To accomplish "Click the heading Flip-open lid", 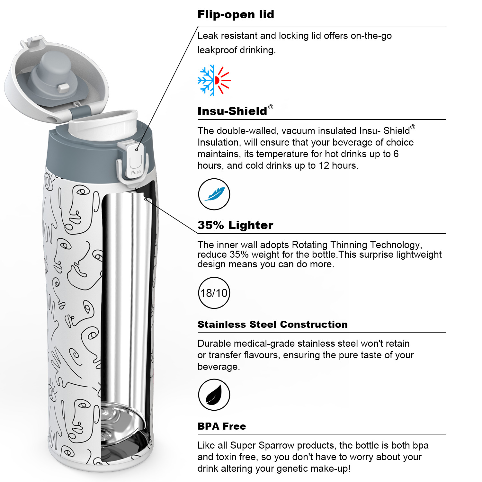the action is coord(236,15).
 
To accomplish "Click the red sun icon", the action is coord(223,80).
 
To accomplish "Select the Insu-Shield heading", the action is coord(232,111).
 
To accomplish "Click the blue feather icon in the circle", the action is coord(214,194).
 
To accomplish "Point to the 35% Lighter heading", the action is coord(236,225).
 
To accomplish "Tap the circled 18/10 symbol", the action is coord(214,293).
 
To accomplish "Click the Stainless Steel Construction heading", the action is coord(272,325).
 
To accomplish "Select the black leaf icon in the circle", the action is coord(214,395).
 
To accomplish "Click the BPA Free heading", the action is coord(222,426).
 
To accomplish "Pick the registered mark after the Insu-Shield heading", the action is coord(271,107).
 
